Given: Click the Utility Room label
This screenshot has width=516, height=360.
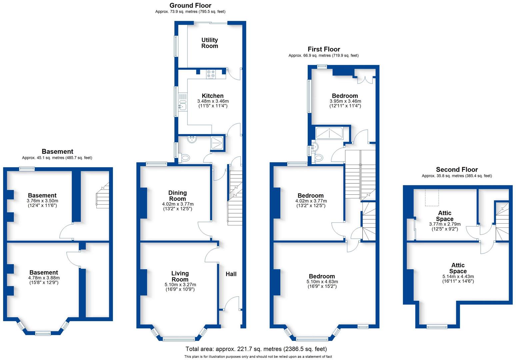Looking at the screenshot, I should [209, 43].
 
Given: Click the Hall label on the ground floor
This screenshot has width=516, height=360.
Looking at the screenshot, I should [231, 274].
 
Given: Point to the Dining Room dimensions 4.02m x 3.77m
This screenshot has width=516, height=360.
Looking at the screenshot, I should [178, 204].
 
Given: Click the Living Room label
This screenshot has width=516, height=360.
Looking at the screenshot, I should [180, 276].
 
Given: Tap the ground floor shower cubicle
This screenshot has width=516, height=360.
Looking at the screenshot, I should [217, 143].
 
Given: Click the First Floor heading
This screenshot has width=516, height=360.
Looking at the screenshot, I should [324, 49].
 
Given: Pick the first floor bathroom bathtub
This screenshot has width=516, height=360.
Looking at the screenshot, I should [329, 133].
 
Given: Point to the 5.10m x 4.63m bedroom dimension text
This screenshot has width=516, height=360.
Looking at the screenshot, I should [322, 282].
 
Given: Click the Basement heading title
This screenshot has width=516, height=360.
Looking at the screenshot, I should [57, 151].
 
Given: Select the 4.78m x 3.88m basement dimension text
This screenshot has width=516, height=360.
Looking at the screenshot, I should [44, 278].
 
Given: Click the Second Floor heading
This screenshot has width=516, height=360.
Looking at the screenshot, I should [457, 169].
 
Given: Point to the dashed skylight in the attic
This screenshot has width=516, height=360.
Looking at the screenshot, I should [432, 198].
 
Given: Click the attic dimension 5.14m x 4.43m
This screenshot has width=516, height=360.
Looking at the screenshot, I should [458, 276].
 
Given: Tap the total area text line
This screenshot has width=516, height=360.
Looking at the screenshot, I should [256, 349].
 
